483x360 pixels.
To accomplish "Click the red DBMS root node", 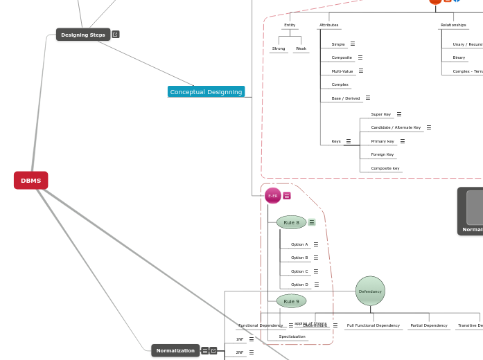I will click(x=30, y=180).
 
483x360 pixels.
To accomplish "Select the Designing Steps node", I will click(x=82, y=35).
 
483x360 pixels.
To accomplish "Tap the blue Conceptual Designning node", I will click(x=206, y=91).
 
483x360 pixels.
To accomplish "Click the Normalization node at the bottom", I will click(x=175, y=350).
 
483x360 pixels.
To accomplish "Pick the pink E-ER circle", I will click(x=272, y=196).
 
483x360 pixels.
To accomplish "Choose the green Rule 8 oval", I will click(x=291, y=222).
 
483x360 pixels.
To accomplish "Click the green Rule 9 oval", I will click(x=291, y=301).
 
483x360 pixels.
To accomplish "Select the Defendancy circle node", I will click(x=370, y=291).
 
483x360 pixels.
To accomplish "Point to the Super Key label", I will click(x=380, y=114).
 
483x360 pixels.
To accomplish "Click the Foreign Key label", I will click(x=382, y=154).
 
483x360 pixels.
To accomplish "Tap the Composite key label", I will click(x=385, y=168).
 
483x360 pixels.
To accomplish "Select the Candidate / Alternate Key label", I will click(x=395, y=127).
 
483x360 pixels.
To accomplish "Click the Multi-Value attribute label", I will click(x=342, y=71).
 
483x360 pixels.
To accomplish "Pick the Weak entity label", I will click(x=301, y=48).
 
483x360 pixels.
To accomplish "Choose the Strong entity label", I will click(x=279, y=48).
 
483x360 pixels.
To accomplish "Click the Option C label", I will click(x=299, y=271).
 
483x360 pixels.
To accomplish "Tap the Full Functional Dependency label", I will click(x=373, y=325).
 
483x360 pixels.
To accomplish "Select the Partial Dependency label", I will click(x=428, y=325).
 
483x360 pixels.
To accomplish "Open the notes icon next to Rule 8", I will click(x=312, y=222).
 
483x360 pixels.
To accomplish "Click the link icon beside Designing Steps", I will click(x=116, y=34).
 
